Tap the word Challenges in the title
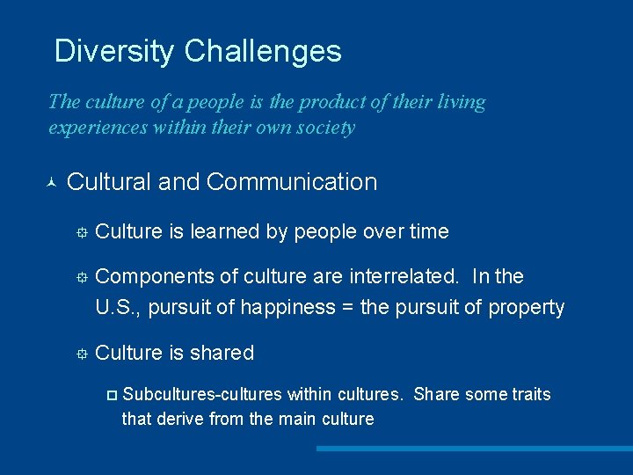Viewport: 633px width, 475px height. coord(263,51)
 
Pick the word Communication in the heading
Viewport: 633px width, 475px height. coord(292,182)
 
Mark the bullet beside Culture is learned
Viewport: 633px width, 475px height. coord(80,233)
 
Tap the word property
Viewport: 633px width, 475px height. coord(526,308)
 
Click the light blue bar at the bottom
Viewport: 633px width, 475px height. coord(474,449)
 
